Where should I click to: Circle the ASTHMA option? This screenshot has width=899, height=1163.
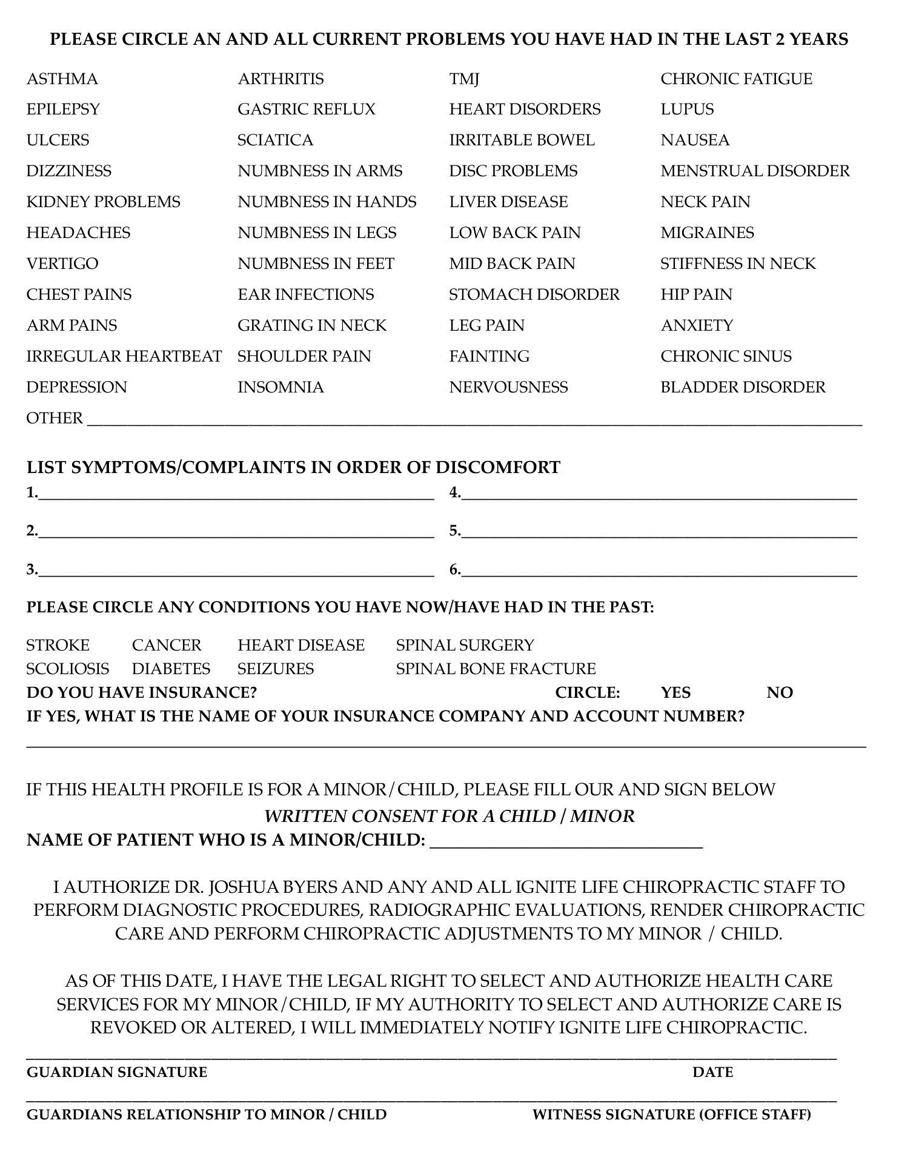click(x=62, y=79)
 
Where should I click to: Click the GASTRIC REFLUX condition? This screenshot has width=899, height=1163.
click(x=306, y=109)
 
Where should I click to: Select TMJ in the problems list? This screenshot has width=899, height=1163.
click(x=464, y=79)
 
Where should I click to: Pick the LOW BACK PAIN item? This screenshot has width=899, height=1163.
click(x=514, y=233)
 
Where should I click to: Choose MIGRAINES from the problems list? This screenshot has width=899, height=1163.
click(x=707, y=233)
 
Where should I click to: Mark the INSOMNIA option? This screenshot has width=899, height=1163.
click(x=280, y=387)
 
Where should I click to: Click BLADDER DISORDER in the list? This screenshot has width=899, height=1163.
click(x=743, y=387)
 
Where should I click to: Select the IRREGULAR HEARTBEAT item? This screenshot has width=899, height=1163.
click(x=124, y=356)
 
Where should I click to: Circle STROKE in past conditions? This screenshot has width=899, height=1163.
click(x=58, y=645)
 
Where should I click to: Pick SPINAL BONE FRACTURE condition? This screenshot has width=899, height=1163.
click(x=496, y=669)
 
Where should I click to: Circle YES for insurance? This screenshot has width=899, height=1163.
click(x=675, y=692)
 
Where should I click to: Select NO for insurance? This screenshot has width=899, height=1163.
click(x=780, y=692)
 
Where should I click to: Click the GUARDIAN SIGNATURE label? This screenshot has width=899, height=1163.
click(x=117, y=1072)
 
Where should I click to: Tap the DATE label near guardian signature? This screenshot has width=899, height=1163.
click(x=713, y=1072)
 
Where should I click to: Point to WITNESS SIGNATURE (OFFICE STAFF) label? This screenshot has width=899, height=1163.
click(x=671, y=1115)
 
